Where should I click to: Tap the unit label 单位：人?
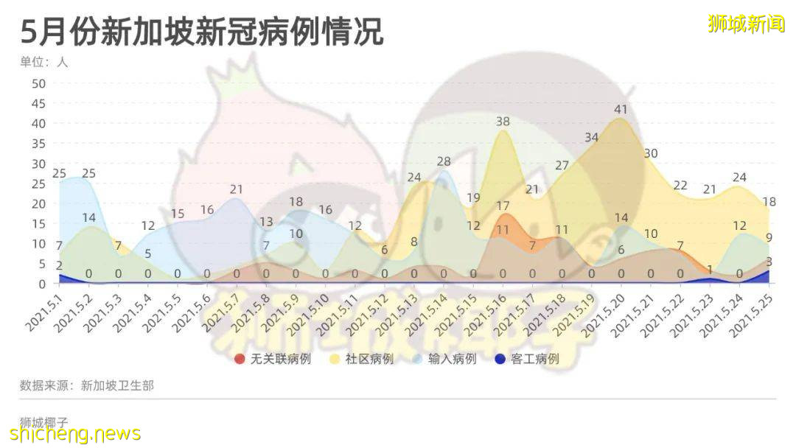pos(44,62)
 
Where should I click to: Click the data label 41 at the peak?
pos(621,110)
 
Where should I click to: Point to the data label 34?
pos(591,138)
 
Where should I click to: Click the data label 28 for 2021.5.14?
pos(444,161)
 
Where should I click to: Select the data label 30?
pos(650,154)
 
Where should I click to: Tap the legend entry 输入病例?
pos(444,359)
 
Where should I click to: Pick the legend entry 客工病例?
pos(527,359)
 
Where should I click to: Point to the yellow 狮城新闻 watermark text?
pos(746,24)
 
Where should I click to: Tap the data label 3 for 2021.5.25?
pos(768,262)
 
